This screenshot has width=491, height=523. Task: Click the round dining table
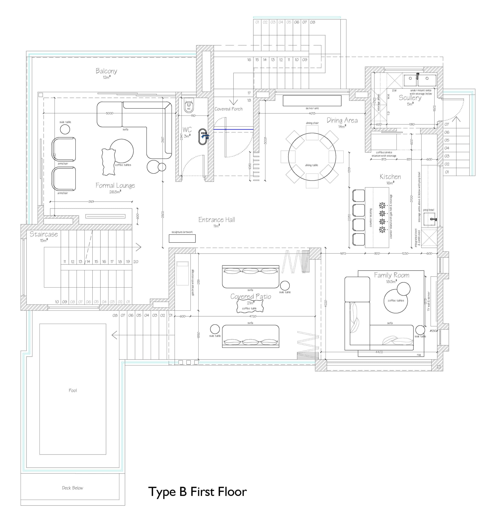tap(312, 157)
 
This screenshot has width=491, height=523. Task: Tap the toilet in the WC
tap(189, 105)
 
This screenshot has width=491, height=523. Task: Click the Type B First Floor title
tap(197, 492)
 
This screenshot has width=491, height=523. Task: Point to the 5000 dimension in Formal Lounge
tap(109, 113)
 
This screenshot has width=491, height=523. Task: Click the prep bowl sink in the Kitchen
tap(429, 219)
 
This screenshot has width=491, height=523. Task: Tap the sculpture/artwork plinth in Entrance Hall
tap(182, 238)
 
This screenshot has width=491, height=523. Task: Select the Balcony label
tap(106, 71)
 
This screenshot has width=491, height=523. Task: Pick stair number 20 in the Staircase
tap(136, 261)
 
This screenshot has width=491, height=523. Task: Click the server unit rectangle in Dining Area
tap(312, 101)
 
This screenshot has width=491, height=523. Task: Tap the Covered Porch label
tap(228, 109)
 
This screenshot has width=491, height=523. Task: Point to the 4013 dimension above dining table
tap(312, 113)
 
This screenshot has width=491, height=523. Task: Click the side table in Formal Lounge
tap(65, 129)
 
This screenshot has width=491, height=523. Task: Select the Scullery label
tap(410, 98)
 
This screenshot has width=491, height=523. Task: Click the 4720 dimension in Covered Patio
tap(252, 316)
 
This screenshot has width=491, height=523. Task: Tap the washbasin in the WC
tap(203, 137)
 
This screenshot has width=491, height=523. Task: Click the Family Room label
tap(391, 275)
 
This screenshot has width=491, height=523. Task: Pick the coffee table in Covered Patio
tap(250, 306)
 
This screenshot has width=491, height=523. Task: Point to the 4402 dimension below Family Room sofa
tap(379, 352)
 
